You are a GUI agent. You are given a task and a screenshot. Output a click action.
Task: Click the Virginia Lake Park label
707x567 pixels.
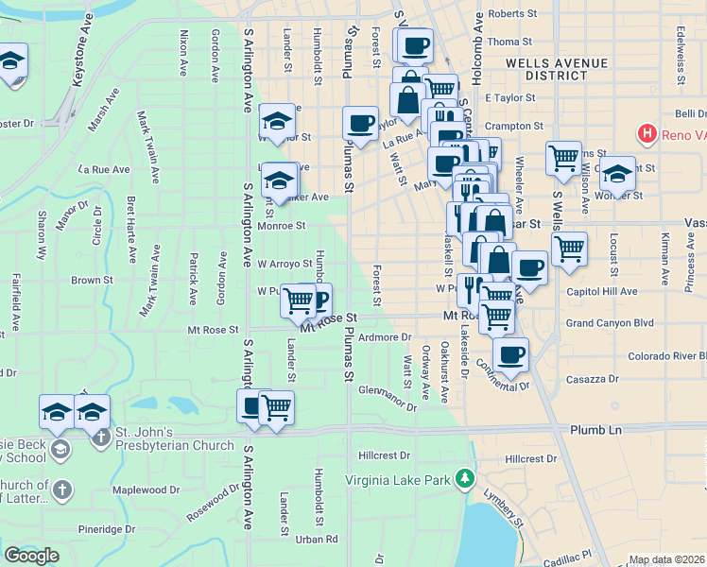[x=397, y=480]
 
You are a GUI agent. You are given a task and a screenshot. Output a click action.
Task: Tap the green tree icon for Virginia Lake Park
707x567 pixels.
[x=464, y=479]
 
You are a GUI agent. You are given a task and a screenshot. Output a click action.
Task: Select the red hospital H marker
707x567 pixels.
[x=647, y=134]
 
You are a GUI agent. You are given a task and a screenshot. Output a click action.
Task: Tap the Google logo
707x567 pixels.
[x=31, y=556]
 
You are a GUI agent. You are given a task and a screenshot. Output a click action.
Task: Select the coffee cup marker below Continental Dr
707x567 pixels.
[x=510, y=355]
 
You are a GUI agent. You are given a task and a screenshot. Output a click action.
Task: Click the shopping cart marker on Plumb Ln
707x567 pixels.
[x=276, y=408]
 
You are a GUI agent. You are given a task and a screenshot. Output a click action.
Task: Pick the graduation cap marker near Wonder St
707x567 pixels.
[x=616, y=175]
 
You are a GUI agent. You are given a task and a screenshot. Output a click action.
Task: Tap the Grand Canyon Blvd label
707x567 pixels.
[x=610, y=322]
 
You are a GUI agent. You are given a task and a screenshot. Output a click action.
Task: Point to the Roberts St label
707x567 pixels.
[x=512, y=14]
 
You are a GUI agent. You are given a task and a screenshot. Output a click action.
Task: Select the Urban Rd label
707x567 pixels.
[x=316, y=540]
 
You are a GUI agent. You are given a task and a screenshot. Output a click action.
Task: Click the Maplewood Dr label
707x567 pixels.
[x=146, y=490]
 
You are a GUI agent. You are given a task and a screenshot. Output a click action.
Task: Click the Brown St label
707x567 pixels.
[x=92, y=280]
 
